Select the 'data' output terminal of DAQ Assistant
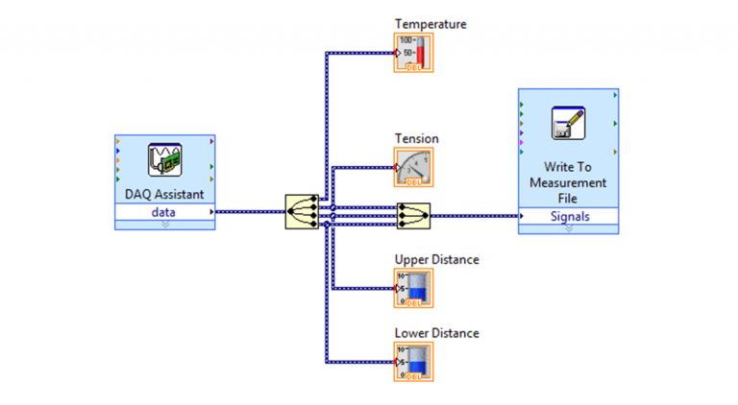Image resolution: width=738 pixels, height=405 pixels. pyautogui.click(x=164, y=211)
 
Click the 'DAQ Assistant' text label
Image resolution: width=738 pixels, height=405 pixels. pyautogui.click(x=164, y=194)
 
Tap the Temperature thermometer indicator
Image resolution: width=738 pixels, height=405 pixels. pyautogui.click(x=413, y=53)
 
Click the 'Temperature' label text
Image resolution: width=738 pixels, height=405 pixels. pyautogui.click(x=430, y=23)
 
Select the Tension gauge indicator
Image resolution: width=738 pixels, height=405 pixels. pyautogui.click(x=413, y=167)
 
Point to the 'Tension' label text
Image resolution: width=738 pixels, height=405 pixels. pyautogui.click(x=416, y=138)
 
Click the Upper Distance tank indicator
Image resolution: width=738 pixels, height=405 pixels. pyautogui.click(x=413, y=288)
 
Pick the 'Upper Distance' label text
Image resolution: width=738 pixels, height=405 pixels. pyautogui.click(x=436, y=259)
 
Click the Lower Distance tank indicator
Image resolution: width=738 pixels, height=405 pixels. pyautogui.click(x=413, y=362)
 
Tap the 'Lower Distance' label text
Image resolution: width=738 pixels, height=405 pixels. pyautogui.click(x=436, y=333)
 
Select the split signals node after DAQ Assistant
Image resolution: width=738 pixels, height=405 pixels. pyautogui.click(x=302, y=211)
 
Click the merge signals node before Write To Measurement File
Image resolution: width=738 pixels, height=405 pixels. pyautogui.click(x=413, y=216)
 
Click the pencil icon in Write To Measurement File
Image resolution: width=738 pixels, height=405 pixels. pyautogui.click(x=568, y=124)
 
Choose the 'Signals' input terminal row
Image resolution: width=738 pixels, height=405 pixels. pyautogui.click(x=569, y=216)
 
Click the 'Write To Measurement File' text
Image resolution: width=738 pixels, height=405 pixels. pyautogui.click(x=569, y=182)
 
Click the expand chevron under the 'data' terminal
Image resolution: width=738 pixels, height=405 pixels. pyautogui.click(x=164, y=225)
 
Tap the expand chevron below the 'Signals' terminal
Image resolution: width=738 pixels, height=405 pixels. pyautogui.click(x=569, y=228)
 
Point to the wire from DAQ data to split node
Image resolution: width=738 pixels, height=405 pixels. pyautogui.click(x=250, y=211)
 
